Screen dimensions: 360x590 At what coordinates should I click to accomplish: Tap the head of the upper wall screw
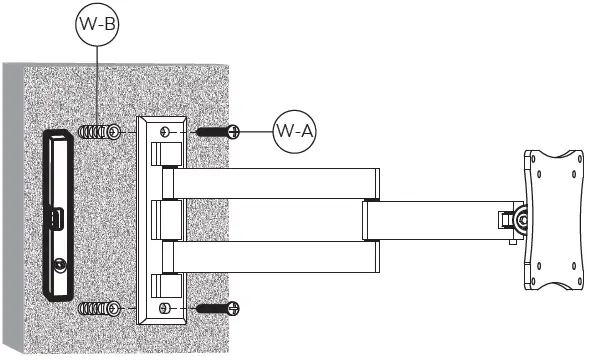click(x=233, y=131)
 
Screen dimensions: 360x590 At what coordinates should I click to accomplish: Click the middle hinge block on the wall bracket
click(x=167, y=218)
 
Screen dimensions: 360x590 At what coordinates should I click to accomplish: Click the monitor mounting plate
click(x=558, y=220)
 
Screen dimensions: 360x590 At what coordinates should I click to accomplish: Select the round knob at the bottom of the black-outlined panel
click(x=61, y=265)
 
